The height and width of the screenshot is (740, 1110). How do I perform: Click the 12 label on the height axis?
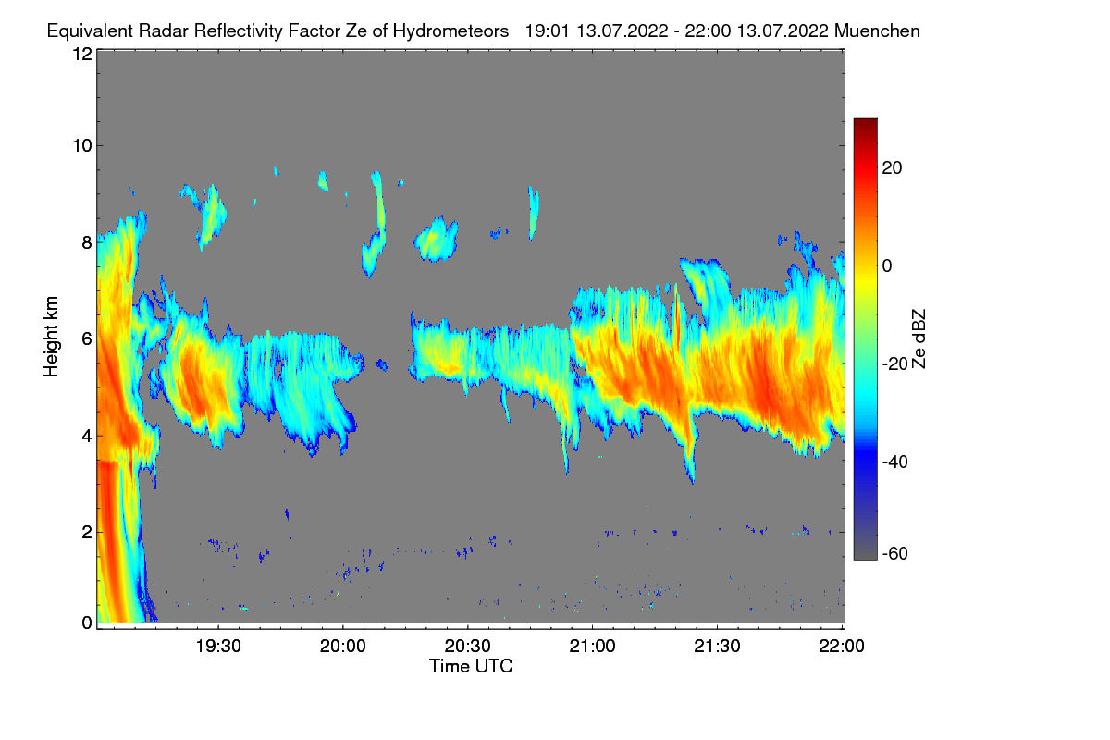pos(81,54)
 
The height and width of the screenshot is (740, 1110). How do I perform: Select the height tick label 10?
pos(81,145)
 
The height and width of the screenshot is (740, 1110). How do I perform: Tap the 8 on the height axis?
pos(87,243)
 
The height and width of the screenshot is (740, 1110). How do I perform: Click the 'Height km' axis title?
pos(52,337)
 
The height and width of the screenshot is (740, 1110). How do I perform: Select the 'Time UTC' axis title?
pos(471,666)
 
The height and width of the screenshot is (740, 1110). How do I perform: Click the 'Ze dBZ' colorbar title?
pos(919,339)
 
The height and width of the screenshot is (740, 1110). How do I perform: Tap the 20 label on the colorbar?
pos(893,167)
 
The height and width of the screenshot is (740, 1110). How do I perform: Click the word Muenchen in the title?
pos(876,31)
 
